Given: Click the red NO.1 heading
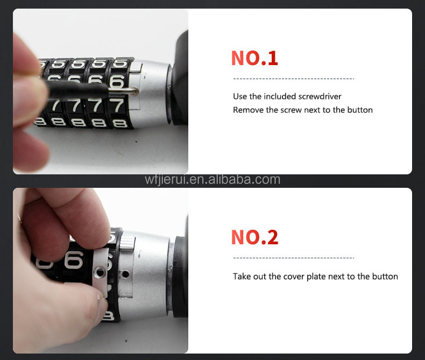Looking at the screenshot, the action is (254, 58).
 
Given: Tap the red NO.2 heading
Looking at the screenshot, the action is (254, 237).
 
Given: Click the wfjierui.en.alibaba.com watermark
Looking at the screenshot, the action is (212, 180).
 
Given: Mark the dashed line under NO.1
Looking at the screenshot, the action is (294, 79).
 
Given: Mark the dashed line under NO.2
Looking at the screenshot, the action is (294, 258).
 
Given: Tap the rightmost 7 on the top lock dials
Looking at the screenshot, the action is (117, 105).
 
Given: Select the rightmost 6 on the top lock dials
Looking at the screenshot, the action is (117, 82).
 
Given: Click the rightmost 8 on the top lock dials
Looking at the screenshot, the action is (120, 124).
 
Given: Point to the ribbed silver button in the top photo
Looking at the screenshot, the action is (135, 67).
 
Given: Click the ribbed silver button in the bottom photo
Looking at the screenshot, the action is (127, 243).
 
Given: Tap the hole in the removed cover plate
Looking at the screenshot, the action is (100, 272).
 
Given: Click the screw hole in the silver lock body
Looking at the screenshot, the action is (125, 274).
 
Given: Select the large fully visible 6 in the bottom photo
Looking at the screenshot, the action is (74, 260).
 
